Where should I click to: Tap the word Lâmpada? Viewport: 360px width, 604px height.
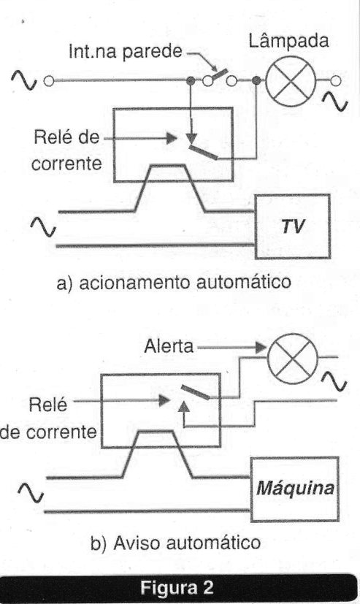[x=288, y=41]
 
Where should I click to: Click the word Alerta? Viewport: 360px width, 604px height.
[x=169, y=346]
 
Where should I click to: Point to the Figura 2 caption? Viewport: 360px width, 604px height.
[x=177, y=587]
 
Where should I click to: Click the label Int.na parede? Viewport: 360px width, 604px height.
[x=125, y=52]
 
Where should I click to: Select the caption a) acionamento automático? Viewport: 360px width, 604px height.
[x=174, y=282]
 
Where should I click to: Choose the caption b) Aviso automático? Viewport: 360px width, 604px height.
[x=175, y=543]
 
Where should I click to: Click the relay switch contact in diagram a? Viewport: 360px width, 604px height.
[x=204, y=153]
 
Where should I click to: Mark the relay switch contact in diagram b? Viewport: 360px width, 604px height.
[x=196, y=392]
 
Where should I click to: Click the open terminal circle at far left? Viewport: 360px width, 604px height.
[x=48, y=81]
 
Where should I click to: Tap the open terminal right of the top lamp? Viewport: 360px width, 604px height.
[x=336, y=81]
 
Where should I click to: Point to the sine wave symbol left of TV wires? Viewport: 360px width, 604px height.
[x=44, y=227]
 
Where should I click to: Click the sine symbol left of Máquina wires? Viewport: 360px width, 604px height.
[x=31, y=493]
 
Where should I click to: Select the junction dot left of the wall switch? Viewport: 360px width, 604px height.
[x=190, y=81]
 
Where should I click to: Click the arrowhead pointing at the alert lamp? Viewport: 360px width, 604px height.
[x=261, y=348]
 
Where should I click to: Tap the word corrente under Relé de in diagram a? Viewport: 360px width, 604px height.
[x=66, y=164]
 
